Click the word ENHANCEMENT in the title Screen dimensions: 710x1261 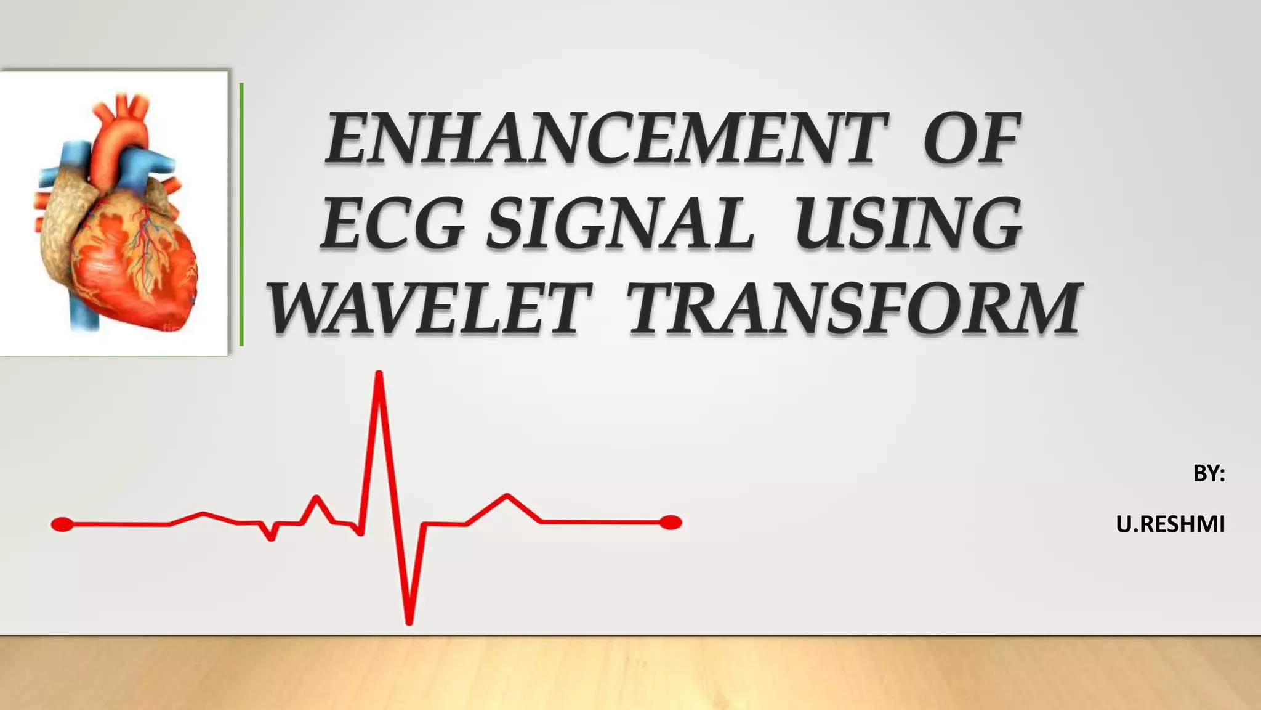pos(606,141)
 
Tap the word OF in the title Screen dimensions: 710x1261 pos(972,141)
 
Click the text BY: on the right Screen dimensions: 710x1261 pos(1209,473)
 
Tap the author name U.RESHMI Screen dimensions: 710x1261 pos(1170,524)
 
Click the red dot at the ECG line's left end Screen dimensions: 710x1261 pos(62,524)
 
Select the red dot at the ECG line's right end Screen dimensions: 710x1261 pos(671,523)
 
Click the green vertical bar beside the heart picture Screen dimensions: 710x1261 pos(241,214)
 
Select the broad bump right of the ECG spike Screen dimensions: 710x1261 pos(506,497)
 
